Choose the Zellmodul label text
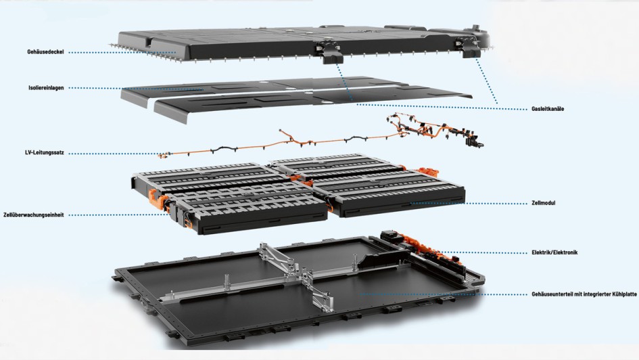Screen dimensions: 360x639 (544, 202)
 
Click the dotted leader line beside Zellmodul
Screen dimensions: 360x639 (473, 202)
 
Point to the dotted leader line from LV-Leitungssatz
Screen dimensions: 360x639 (115, 154)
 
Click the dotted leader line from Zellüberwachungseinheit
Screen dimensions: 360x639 (115, 215)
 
